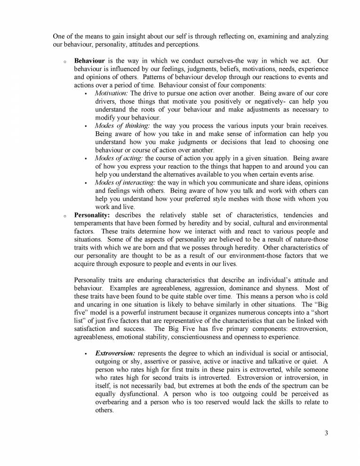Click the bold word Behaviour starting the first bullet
[89, 61]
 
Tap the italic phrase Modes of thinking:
[122, 126]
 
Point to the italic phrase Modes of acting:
[119, 158]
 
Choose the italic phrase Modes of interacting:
[125, 183]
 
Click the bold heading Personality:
[91, 215]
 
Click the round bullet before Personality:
[64, 216]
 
